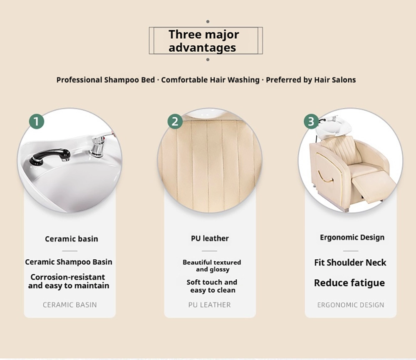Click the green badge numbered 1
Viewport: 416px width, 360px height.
37,122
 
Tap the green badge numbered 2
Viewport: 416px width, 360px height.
175,122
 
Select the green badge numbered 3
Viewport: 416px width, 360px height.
311,122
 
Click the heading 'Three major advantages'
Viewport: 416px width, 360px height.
204,41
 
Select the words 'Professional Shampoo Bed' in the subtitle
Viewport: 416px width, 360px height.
106,80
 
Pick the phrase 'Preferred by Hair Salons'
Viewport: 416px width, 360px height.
311,80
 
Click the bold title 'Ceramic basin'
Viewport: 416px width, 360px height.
72,239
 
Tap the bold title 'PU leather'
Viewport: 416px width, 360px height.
210,238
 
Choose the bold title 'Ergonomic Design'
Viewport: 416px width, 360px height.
352,237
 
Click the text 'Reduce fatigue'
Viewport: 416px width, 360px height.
349,283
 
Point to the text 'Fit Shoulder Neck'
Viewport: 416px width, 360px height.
350,263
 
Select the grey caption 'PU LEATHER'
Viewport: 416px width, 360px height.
210,305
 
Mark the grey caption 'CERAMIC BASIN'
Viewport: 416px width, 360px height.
70,305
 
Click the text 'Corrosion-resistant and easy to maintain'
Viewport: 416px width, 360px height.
69,281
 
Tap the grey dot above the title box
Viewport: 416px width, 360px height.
208,22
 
